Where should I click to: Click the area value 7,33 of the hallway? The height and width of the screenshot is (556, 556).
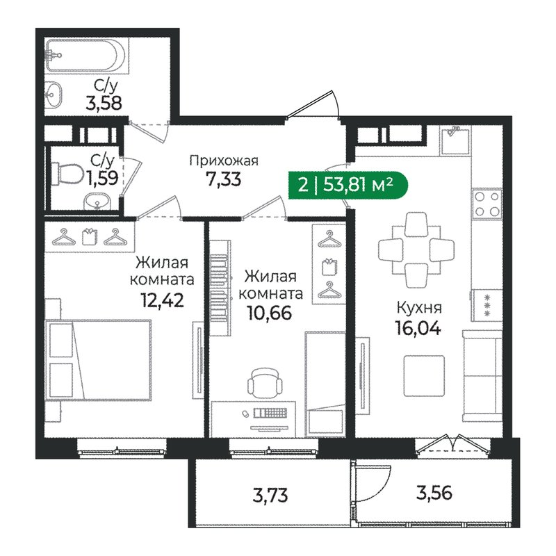click(x=224, y=179)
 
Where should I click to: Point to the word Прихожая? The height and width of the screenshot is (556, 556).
click(x=224, y=161)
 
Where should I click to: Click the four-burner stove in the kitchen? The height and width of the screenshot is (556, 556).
click(x=486, y=204)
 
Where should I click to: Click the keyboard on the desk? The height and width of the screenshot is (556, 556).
click(x=272, y=414)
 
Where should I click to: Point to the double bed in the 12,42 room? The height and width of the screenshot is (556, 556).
click(x=97, y=361)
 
